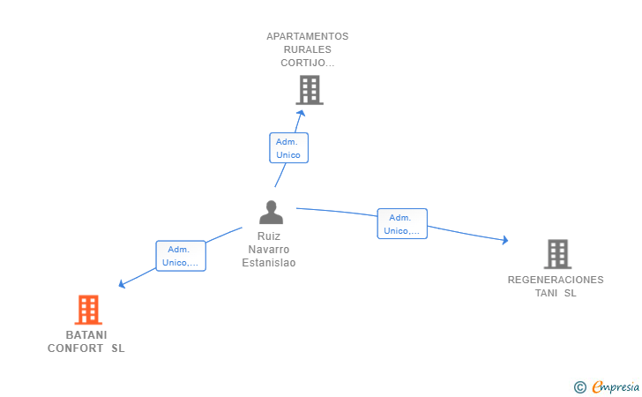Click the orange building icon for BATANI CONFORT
click(88, 310)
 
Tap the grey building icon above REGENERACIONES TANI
click(557, 254)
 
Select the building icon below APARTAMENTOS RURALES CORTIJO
click(310, 90)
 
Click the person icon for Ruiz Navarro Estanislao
click(271, 213)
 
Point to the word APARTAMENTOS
click(308, 36)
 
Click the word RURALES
click(308, 49)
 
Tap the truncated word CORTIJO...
click(308, 63)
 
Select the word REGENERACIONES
click(556, 280)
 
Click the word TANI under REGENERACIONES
click(546, 293)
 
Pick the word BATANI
click(86, 335)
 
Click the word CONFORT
click(75, 348)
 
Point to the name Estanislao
click(269, 263)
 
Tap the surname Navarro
click(269, 250)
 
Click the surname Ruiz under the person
click(269, 236)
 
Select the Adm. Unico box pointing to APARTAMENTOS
click(288, 148)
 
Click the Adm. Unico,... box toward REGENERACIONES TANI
click(402, 224)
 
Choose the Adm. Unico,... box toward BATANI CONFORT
click(181, 256)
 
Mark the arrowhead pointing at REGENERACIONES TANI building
click(505, 240)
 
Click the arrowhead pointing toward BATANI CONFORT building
click(122, 283)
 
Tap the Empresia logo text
click(616, 386)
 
